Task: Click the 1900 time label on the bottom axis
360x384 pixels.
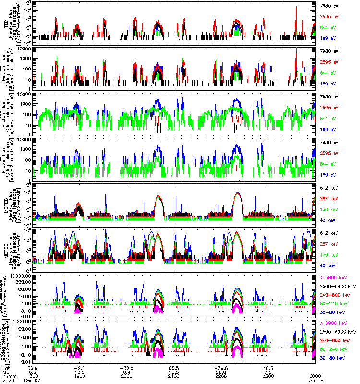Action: (x=79, y=375)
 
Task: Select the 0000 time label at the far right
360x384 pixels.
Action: (x=315, y=375)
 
